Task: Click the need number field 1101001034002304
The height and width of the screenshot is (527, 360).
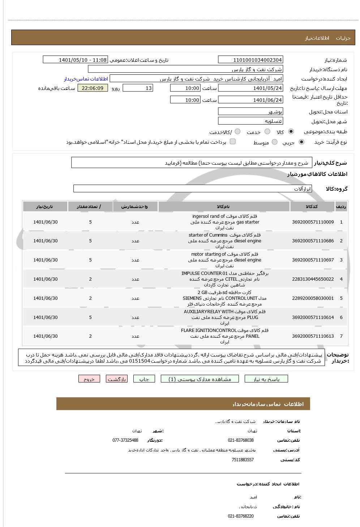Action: tap(250, 60)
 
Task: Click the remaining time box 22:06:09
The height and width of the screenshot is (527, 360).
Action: tap(93, 88)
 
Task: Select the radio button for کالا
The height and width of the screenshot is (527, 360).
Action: tap(291, 132)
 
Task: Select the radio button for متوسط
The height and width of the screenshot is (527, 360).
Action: tap(275, 142)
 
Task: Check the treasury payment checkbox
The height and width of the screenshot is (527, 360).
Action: tap(233, 142)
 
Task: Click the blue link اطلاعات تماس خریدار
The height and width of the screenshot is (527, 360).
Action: tap(86, 79)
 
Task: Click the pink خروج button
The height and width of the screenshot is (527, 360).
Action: tap(89, 379)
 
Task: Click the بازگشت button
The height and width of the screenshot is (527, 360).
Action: tap(117, 379)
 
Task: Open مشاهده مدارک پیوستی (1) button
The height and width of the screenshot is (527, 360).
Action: tap(200, 379)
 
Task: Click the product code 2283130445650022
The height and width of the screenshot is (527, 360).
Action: tap(313, 279)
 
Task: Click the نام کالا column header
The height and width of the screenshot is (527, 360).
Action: tap(224, 207)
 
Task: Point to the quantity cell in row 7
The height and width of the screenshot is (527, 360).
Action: tap(90, 336)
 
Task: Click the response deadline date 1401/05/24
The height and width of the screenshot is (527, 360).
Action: tap(250, 88)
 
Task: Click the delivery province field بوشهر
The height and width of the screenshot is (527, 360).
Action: tap(250, 112)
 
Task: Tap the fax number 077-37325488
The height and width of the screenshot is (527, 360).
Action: tap(125, 440)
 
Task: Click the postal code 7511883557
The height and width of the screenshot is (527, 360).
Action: tap(243, 460)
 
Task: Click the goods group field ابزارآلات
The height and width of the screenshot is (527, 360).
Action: tap(192, 189)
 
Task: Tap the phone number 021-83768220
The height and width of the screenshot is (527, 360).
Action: tap(241, 516)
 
